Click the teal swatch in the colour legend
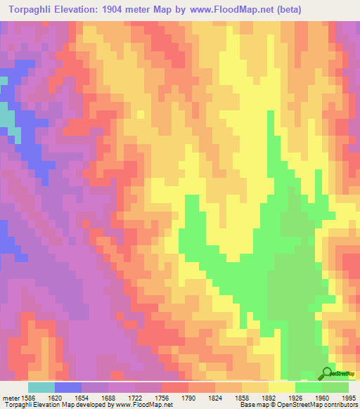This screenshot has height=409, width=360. tap(41, 387)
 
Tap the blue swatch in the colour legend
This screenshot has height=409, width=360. tap(67, 387)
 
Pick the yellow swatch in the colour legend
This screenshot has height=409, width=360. tap(281, 387)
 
